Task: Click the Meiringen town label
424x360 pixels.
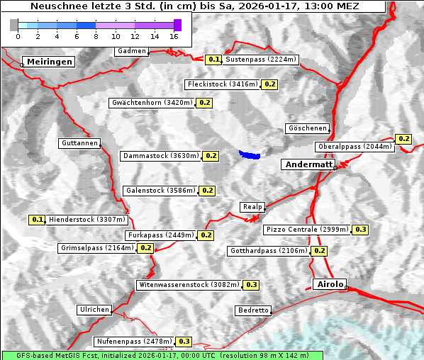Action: [50, 62]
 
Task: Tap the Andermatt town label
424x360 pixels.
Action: [308, 164]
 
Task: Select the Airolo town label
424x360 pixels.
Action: [329, 284]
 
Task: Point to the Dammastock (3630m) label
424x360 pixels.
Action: [160, 156]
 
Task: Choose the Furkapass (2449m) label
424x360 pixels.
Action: [160, 235]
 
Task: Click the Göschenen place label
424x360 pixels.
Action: [308, 128]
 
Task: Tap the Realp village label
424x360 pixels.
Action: [252, 207]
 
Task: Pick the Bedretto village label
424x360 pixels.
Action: [253, 310]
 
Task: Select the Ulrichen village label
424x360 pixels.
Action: [94, 310]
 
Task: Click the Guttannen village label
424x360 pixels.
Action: [79, 143]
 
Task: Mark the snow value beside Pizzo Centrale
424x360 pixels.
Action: [361, 230]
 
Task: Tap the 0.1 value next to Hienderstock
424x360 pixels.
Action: [37, 220]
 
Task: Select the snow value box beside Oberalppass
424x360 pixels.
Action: [403, 139]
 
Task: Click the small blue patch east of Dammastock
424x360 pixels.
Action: [250, 154]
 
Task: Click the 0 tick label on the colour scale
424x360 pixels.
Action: [18, 35]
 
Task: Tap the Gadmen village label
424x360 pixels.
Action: [132, 51]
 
